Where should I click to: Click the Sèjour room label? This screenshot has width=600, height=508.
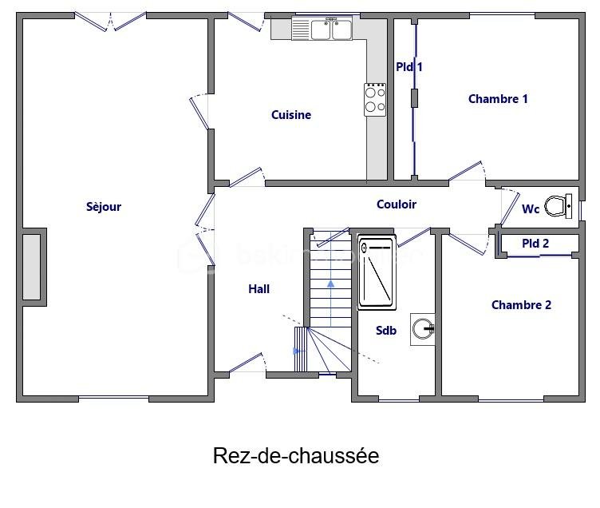[104, 207]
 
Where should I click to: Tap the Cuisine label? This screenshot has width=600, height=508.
[291, 115]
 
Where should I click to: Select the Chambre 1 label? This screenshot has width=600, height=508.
[498, 99]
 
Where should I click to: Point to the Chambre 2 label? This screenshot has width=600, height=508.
[521, 305]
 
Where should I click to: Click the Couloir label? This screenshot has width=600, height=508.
[397, 204]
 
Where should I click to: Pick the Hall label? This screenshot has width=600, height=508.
[259, 289]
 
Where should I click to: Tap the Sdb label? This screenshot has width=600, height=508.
[386, 330]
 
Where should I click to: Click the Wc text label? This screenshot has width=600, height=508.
[531, 209]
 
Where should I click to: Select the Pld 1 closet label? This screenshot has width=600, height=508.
[409, 67]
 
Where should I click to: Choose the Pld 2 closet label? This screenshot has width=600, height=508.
[535, 244]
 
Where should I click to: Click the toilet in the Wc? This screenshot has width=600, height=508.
[559, 206]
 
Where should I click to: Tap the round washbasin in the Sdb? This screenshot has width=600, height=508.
[423, 329]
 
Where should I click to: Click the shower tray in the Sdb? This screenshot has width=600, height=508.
[377, 273]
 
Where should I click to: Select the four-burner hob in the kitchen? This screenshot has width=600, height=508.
[375, 100]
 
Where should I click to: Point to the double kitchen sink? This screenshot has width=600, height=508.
[331, 30]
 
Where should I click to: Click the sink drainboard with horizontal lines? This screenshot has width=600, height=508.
[301, 29]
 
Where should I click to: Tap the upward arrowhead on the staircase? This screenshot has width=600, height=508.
[330, 284]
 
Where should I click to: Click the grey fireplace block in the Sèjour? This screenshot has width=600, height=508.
[31, 267]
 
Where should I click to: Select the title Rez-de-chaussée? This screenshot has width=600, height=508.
[296, 456]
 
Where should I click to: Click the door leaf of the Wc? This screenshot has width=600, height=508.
[510, 208]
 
